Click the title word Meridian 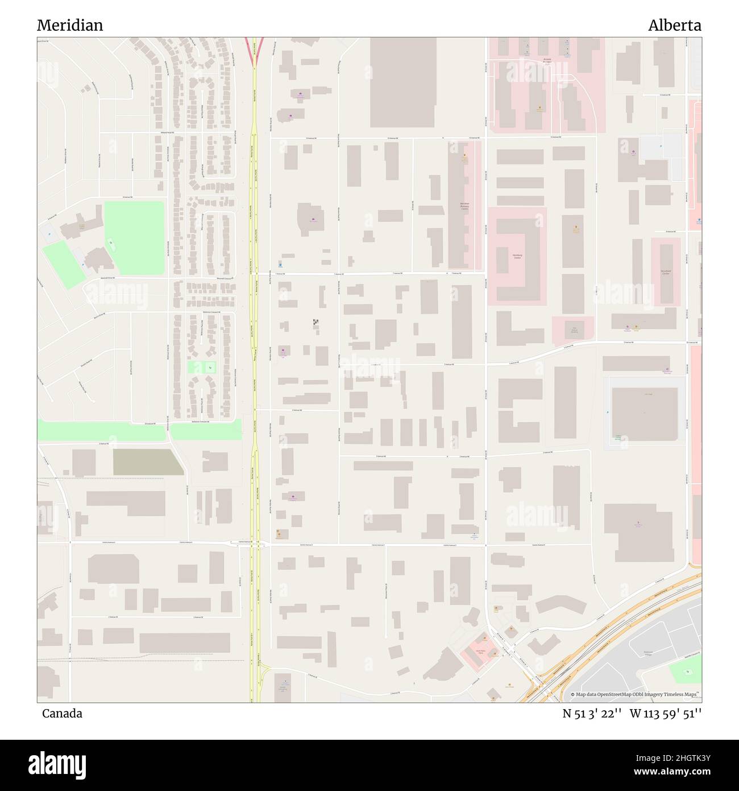(70, 26)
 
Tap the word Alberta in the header (675, 26)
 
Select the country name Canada (62, 713)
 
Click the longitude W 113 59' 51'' (665, 714)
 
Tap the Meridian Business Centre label (464, 205)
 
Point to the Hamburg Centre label (517, 257)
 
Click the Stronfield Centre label (666, 273)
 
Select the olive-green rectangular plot (147, 462)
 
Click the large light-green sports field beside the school (134, 229)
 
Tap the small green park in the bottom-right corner (685, 673)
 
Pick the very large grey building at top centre (403, 83)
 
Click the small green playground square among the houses (202, 368)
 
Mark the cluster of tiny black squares (315, 323)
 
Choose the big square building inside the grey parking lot (645, 414)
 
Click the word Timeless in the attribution (672, 694)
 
